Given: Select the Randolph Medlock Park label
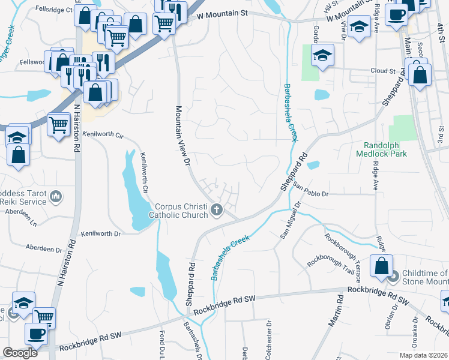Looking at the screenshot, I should (385, 149).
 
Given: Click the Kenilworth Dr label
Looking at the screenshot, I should (101, 233).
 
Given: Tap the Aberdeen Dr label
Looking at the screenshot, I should (44, 247).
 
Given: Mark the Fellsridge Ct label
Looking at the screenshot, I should (54, 10).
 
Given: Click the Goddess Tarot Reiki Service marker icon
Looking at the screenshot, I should (55, 196).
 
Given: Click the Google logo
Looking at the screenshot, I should (20, 353).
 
